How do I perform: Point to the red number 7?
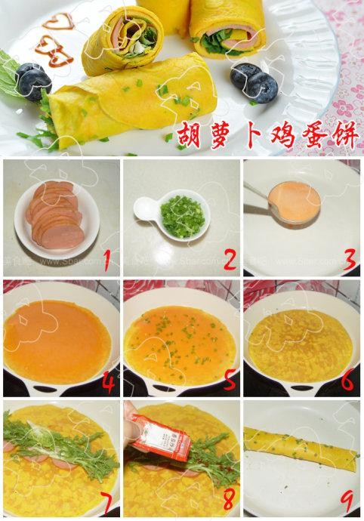pos(107,501)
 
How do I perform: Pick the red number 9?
pos(348,501)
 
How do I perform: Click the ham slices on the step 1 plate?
pos(54,214)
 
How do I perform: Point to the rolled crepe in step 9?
pos(301,445)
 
